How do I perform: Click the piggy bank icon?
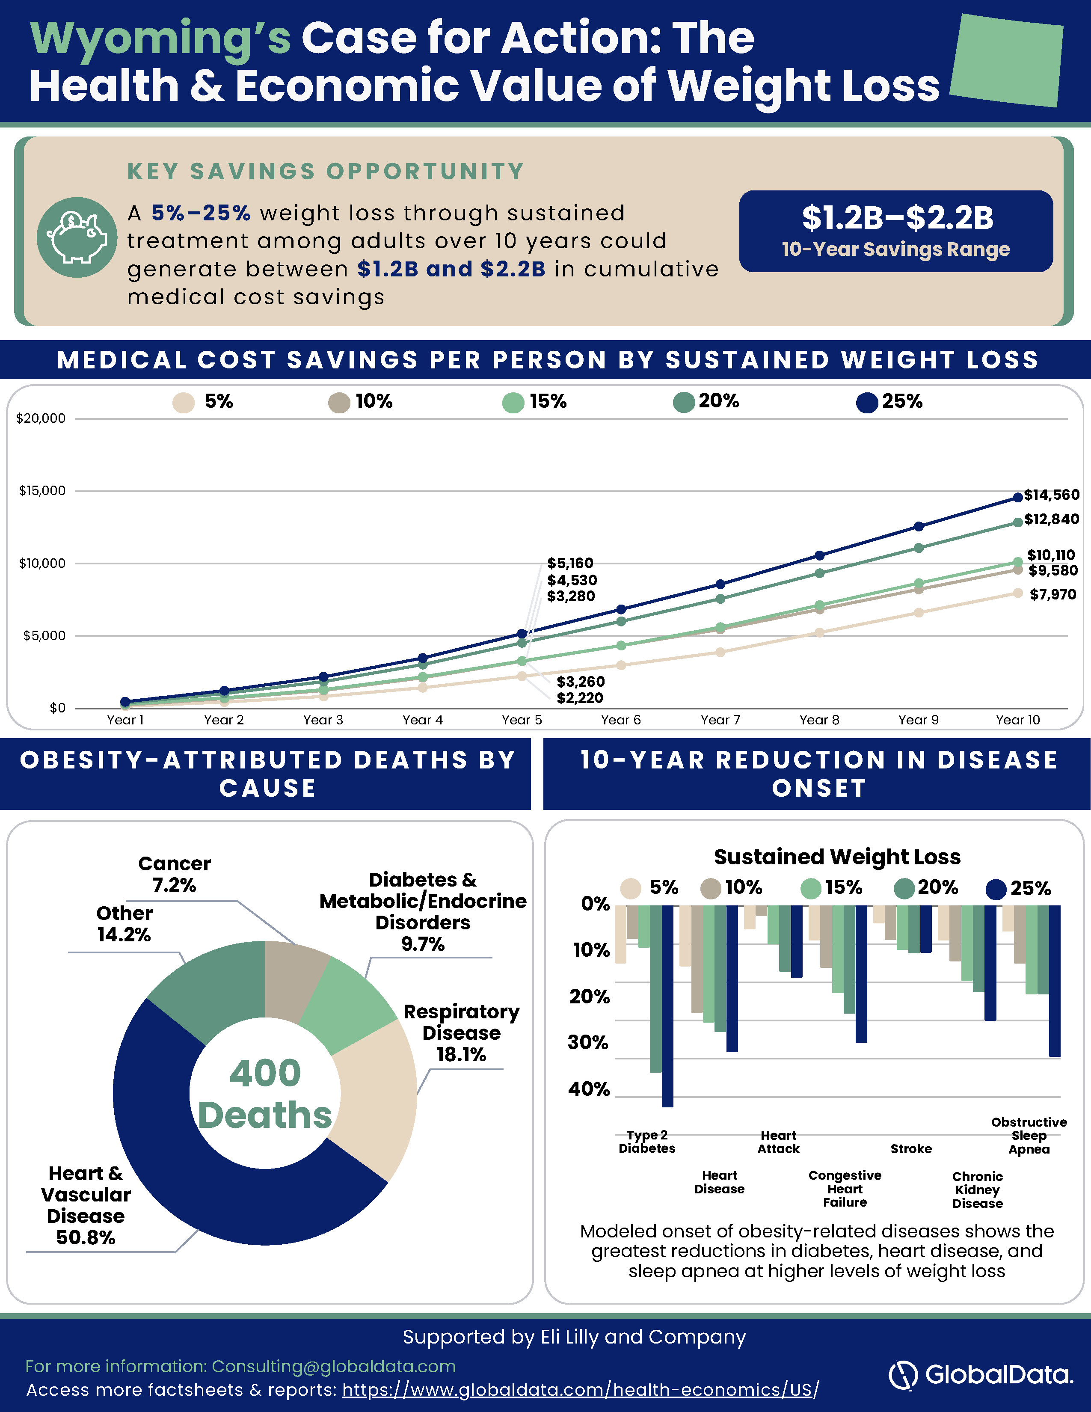[x=77, y=237]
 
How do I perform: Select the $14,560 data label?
[x=1052, y=495]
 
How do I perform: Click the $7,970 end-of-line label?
[x=1053, y=594]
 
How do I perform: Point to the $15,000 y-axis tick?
[x=42, y=491]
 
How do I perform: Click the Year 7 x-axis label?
[x=720, y=720]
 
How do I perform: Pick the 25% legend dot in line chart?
[x=867, y=402]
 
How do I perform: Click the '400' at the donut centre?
[x=265, y=1073]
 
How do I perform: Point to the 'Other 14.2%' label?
[x=124, y=924]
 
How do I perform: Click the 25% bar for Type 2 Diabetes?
[x=668, y=1006]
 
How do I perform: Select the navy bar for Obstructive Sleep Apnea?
[x=1055, y=981]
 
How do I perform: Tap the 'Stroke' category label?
[x=911, y=1149]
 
